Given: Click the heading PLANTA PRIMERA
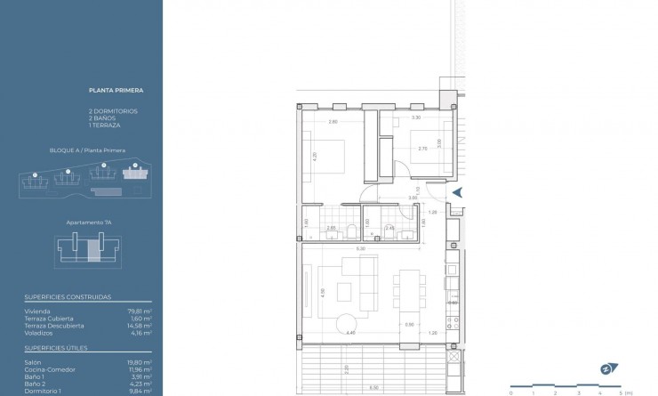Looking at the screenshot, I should pyautogui.click(x=116, y=90).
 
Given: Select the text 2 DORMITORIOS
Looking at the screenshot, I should pyautogui.click(x=113, y=110).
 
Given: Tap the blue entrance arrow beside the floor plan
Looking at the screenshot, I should pyautogui.click(x=458, y=192).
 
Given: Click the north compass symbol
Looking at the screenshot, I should pyautogui.click(x=609, y=368).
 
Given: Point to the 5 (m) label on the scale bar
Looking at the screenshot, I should pyautogui.click(x=624, y=392).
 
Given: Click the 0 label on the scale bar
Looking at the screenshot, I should pyautogui.click(x=510, y=392).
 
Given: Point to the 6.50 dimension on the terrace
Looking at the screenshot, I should pyautogui.click(x=373, y=387).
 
